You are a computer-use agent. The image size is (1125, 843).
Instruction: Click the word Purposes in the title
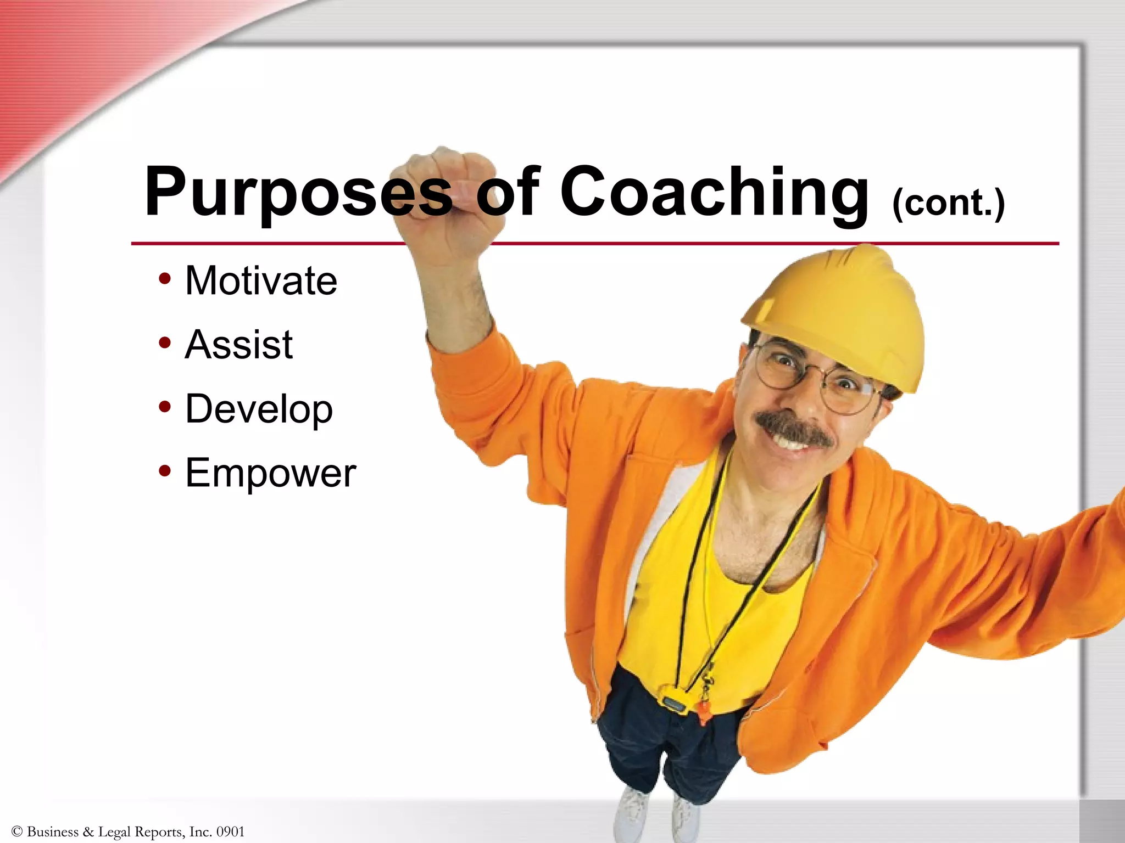297,192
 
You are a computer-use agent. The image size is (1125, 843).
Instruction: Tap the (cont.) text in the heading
949,203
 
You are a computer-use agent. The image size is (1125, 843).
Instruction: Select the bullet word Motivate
261,280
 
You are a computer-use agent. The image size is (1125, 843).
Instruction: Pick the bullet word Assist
239,345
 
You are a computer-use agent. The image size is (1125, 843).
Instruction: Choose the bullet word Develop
259,409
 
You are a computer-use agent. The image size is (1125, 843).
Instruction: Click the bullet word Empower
270,473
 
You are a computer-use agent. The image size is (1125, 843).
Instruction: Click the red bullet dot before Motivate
164,279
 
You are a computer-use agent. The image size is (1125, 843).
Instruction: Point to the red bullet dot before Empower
164,471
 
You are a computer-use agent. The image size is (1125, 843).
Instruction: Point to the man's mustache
794,426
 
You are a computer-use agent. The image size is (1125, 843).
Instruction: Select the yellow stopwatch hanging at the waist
673,704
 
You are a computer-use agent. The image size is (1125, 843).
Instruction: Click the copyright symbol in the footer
16,831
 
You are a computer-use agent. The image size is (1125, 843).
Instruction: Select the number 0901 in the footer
230,831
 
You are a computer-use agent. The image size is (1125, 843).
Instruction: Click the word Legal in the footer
114,832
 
